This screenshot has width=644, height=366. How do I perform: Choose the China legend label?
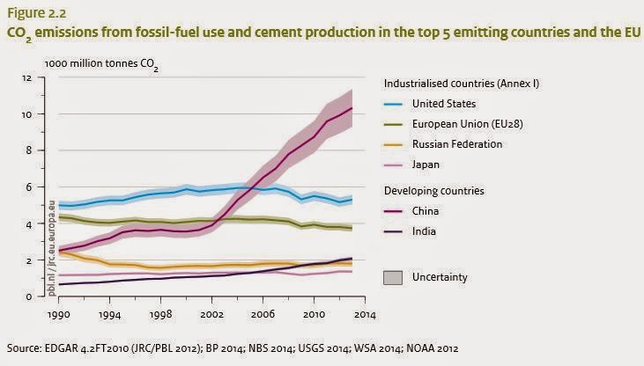(x=425, y=211)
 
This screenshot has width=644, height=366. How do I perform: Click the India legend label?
(x=423, y=231)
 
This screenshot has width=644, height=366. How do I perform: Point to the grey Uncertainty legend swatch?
(x=394, y=278)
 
